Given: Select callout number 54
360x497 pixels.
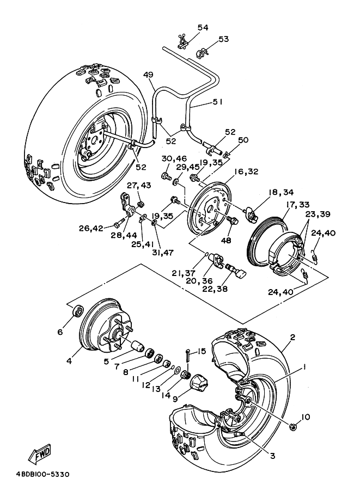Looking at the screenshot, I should (x=187, y=28).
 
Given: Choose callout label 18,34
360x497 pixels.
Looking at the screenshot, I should (x=281, y=192).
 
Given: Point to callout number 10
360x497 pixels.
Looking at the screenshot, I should (x=305, y=417).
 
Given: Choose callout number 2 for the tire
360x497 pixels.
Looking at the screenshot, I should (x=292, y=338).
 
